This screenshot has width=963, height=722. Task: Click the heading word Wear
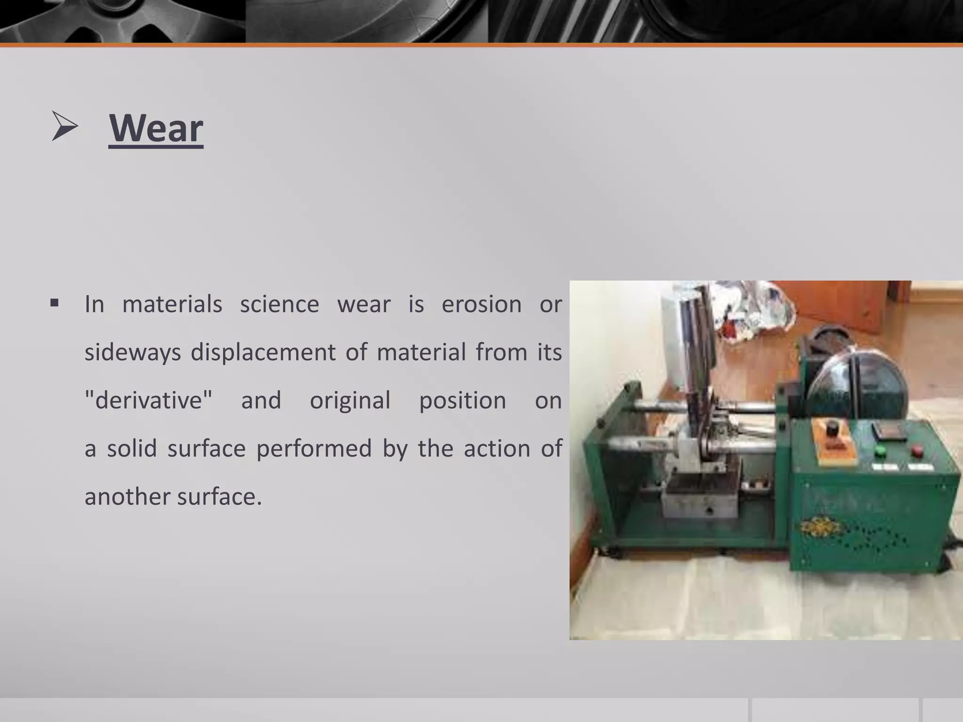156,128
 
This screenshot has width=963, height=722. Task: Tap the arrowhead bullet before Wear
65,126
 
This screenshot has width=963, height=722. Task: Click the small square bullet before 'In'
54,303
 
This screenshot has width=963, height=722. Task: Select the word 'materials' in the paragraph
172,304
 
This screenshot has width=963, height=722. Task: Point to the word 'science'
279,304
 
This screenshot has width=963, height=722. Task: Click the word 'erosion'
481,304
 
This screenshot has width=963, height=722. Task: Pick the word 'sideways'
133,353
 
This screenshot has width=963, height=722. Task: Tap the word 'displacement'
263,353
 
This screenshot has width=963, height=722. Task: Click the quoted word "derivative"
148,400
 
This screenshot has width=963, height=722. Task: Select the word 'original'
350,400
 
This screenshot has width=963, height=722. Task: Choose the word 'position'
462,400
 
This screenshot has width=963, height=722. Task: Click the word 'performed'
314,448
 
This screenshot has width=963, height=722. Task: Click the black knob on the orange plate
833,429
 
